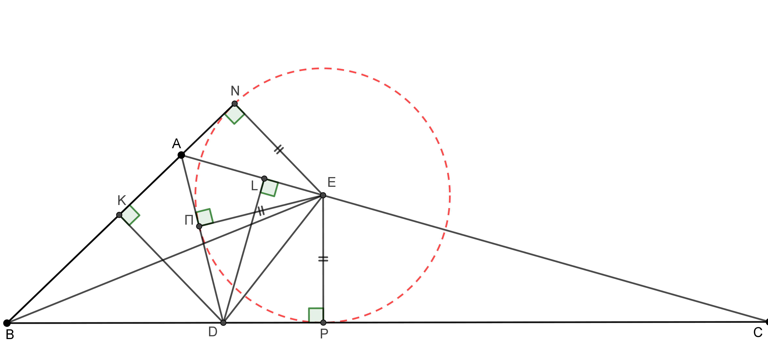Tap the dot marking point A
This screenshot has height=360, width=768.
point(181,155)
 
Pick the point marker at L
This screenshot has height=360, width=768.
point(264,179)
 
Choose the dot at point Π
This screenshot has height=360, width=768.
point(199,226)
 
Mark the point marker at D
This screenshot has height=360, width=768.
point(223,323)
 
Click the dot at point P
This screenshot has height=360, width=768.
point(323,323)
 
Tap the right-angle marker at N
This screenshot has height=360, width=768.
point(235,114)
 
